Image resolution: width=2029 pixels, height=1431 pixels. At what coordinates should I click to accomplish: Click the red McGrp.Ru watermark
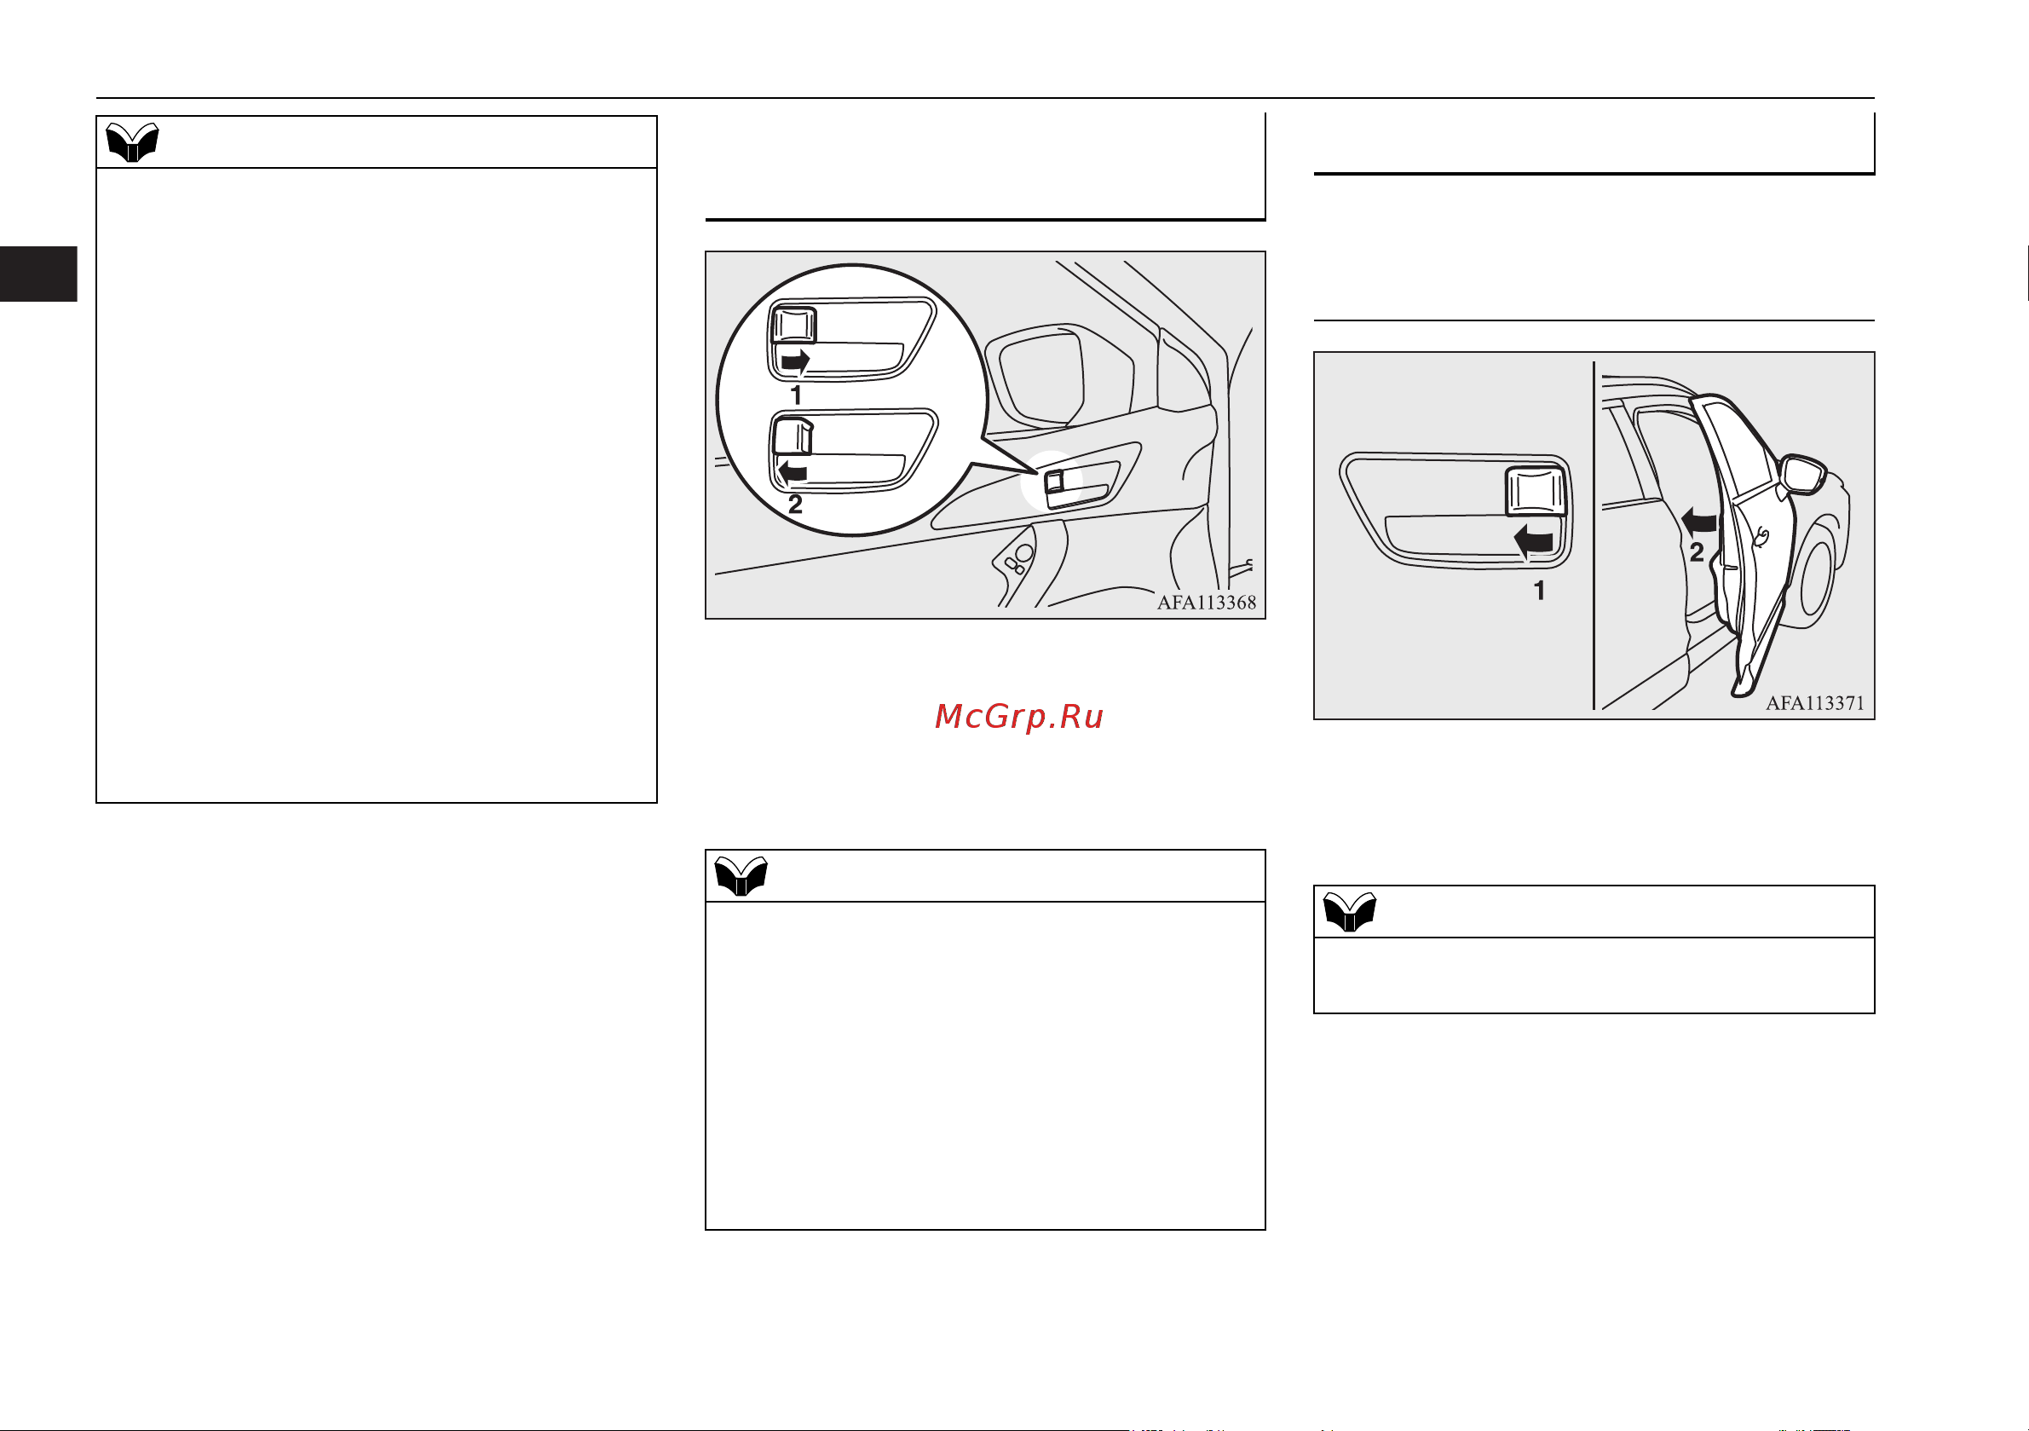[1019, 717]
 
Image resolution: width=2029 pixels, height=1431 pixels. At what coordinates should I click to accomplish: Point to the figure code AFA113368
[1207, 603]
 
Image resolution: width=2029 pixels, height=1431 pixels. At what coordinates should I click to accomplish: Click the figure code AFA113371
[1815, 703]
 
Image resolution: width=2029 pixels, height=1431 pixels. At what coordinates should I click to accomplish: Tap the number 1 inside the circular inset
[796, 395]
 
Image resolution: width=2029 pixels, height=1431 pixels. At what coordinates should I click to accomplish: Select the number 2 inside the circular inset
[795, 505]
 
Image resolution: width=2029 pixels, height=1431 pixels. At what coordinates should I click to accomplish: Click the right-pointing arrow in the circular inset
[795, 361]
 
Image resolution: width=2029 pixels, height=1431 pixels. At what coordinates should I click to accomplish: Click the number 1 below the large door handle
[1539, 591]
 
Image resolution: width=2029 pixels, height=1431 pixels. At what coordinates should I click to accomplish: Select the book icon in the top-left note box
[133, 142]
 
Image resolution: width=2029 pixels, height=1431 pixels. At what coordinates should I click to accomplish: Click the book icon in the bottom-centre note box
[741, 876]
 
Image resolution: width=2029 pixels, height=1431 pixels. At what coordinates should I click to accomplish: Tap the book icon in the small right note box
[1350, 912]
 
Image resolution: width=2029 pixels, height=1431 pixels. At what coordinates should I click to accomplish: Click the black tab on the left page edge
[38, 274]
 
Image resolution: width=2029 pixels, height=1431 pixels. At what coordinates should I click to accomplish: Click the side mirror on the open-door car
[1803, 475]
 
